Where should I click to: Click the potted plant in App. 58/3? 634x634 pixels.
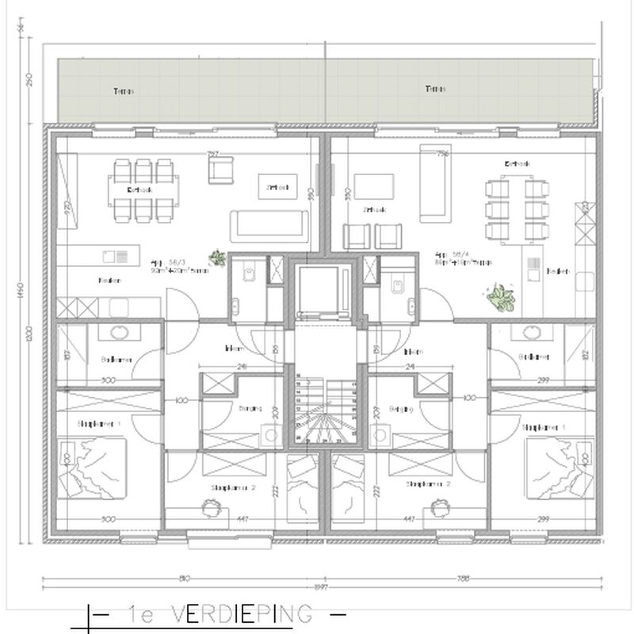[x=216, y=256]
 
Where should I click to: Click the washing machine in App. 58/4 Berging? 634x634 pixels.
[x=380, y=434]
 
